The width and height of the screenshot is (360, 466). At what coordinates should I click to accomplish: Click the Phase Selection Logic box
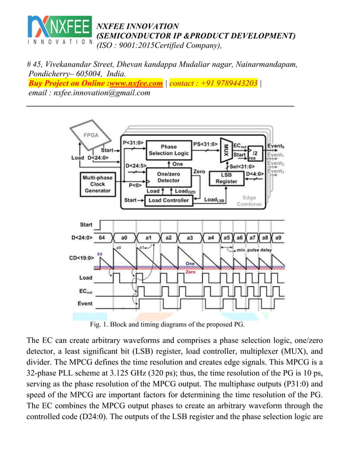[169, 150]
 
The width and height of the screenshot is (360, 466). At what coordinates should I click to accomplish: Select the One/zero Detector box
[169, 177]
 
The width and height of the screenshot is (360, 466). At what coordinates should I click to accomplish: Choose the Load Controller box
[169, 200]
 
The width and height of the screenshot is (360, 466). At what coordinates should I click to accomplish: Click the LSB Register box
[227, 178]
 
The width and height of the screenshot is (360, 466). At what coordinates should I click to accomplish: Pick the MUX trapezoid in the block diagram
[226, 150]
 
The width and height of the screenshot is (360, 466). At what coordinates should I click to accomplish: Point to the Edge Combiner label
[249, 201]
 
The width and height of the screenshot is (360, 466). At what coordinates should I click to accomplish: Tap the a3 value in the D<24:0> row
[190, 238]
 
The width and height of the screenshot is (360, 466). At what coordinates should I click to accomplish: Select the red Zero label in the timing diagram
[191, 271]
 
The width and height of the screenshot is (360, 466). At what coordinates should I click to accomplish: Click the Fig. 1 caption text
[167, 325]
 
